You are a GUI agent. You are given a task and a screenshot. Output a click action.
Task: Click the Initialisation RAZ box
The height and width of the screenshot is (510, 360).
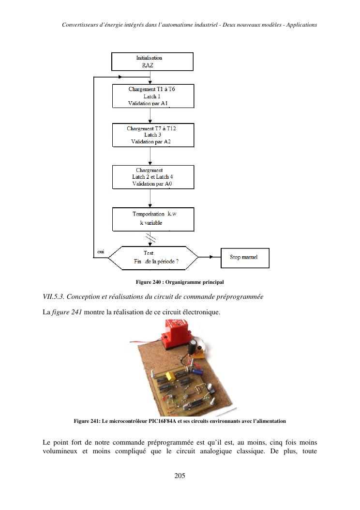(x=152, y=62)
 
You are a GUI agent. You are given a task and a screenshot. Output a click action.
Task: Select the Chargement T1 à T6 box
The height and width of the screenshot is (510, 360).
(x=153, y=96)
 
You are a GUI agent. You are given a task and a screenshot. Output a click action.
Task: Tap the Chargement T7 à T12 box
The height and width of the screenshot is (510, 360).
(x=153, y=135)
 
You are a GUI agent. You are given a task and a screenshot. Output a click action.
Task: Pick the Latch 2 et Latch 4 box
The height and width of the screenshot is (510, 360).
(x=153, y=177)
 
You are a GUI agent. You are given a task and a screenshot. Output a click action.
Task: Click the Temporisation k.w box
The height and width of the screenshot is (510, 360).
(x=153, y=219)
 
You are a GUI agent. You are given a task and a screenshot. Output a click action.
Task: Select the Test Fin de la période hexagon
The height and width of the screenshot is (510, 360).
(x=153, y=257)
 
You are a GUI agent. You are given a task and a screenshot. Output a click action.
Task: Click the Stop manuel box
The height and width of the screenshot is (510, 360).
(x=245, y=258)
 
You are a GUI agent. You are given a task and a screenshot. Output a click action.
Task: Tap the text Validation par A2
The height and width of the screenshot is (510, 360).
(x=150, y=142)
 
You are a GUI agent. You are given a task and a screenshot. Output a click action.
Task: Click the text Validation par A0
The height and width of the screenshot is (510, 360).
(x=150, y=184)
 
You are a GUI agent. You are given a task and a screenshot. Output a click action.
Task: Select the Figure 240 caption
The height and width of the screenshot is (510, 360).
(x=180, y=282)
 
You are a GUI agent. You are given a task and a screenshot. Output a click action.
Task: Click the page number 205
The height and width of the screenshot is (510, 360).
(x=180, y=476)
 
